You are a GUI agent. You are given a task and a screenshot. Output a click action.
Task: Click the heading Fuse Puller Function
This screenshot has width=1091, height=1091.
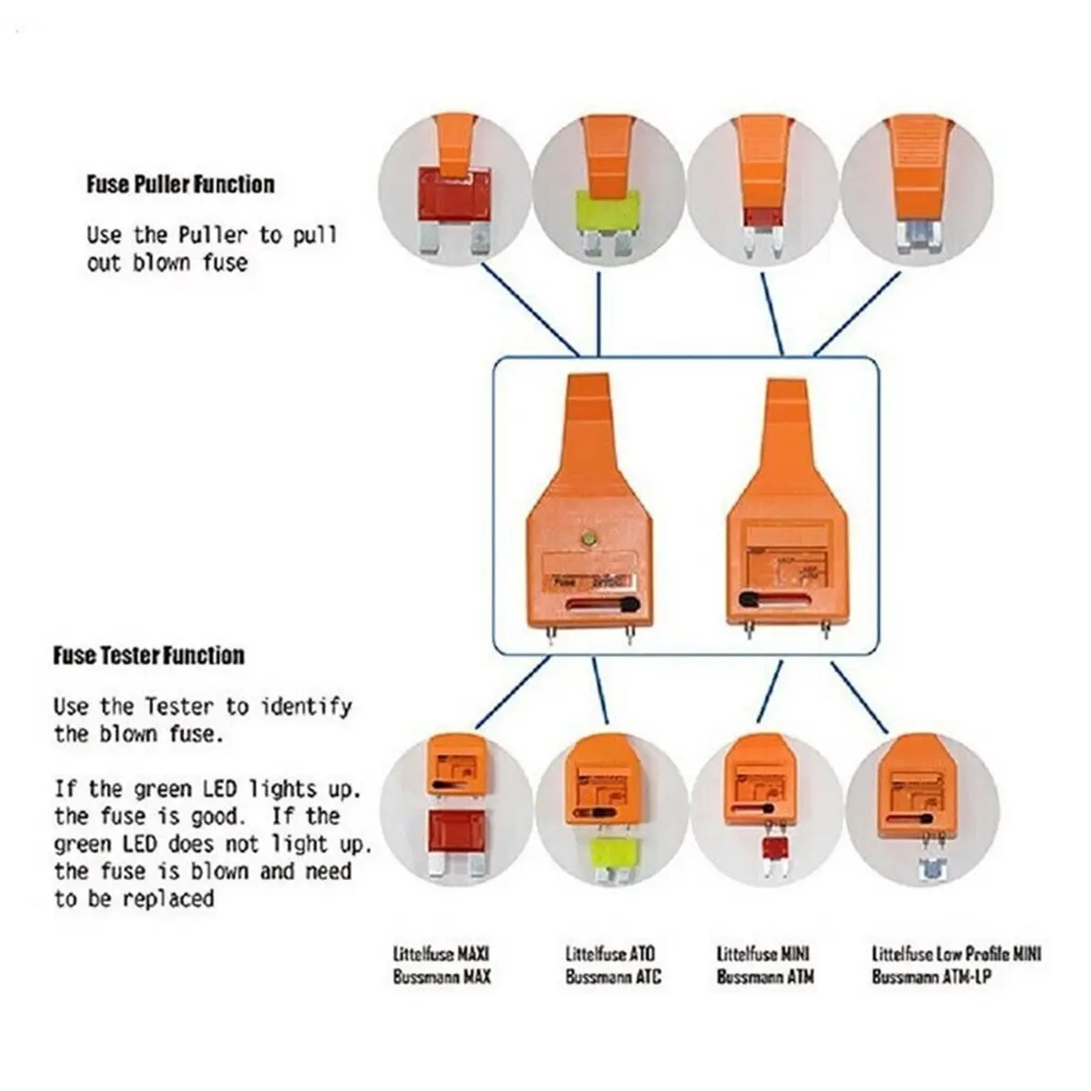[181, 185]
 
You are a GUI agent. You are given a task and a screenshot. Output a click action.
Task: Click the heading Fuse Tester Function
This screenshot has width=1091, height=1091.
[149, 656]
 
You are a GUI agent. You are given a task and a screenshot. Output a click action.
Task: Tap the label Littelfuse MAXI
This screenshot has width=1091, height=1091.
[441, 954]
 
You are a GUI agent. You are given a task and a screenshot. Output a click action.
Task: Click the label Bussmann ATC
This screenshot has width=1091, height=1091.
[613, 977]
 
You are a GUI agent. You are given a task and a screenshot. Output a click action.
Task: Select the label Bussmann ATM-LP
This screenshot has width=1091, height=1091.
[931, 977]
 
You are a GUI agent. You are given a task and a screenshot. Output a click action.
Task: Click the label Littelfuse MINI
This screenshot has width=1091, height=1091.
[763, 954]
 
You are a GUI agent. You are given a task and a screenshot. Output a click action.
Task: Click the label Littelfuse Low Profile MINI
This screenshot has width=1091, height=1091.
[956, 954]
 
